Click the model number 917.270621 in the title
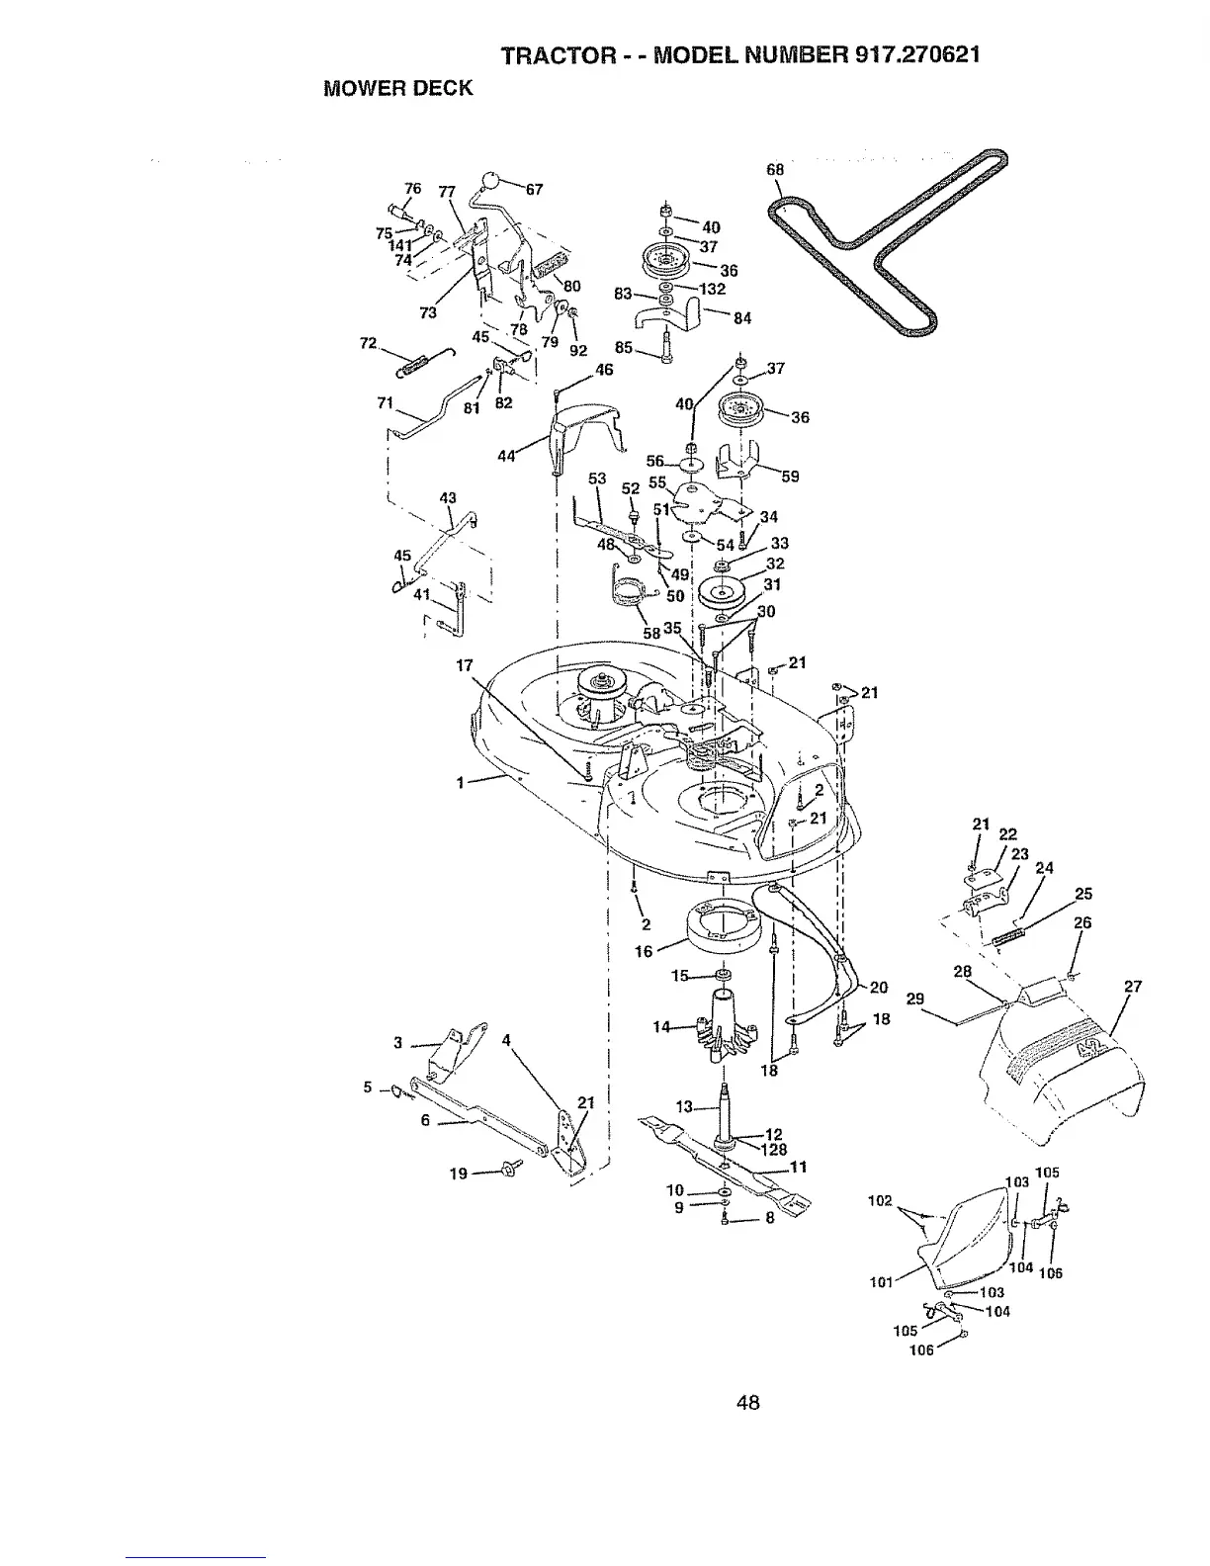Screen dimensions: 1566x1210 (x=909, y=55)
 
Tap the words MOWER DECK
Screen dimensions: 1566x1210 (x=398, y=88)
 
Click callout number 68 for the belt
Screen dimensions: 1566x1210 (x=775, y=169)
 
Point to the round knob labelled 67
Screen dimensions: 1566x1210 (x=490, y=180)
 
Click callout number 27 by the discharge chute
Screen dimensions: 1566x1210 (x=1133, y=986)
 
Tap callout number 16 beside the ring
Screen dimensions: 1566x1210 (x=644, y=951)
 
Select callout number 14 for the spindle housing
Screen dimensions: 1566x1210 (x=662, y=1027)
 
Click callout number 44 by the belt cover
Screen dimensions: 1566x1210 (x=506, y=456)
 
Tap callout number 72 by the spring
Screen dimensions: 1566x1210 (x=369, y=343)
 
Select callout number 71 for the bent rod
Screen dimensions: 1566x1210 (x=386, y=402)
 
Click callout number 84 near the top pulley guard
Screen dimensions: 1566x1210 (x=742, y=318)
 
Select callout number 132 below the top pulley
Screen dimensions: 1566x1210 (x=712, y=289)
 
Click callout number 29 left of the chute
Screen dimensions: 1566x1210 (x=914, y=999)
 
